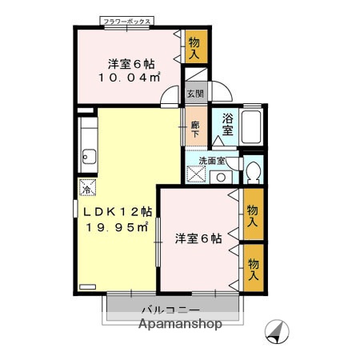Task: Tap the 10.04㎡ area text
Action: [x=130, y=78]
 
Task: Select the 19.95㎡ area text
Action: [x=118, y=227]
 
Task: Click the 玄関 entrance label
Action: [x=195, y=94]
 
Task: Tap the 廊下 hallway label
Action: [x=195, y=129]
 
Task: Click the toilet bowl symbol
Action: [x=254, y=171]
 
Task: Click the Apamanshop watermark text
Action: [x=180, y=324]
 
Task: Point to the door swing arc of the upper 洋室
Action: [x=170, y=96]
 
